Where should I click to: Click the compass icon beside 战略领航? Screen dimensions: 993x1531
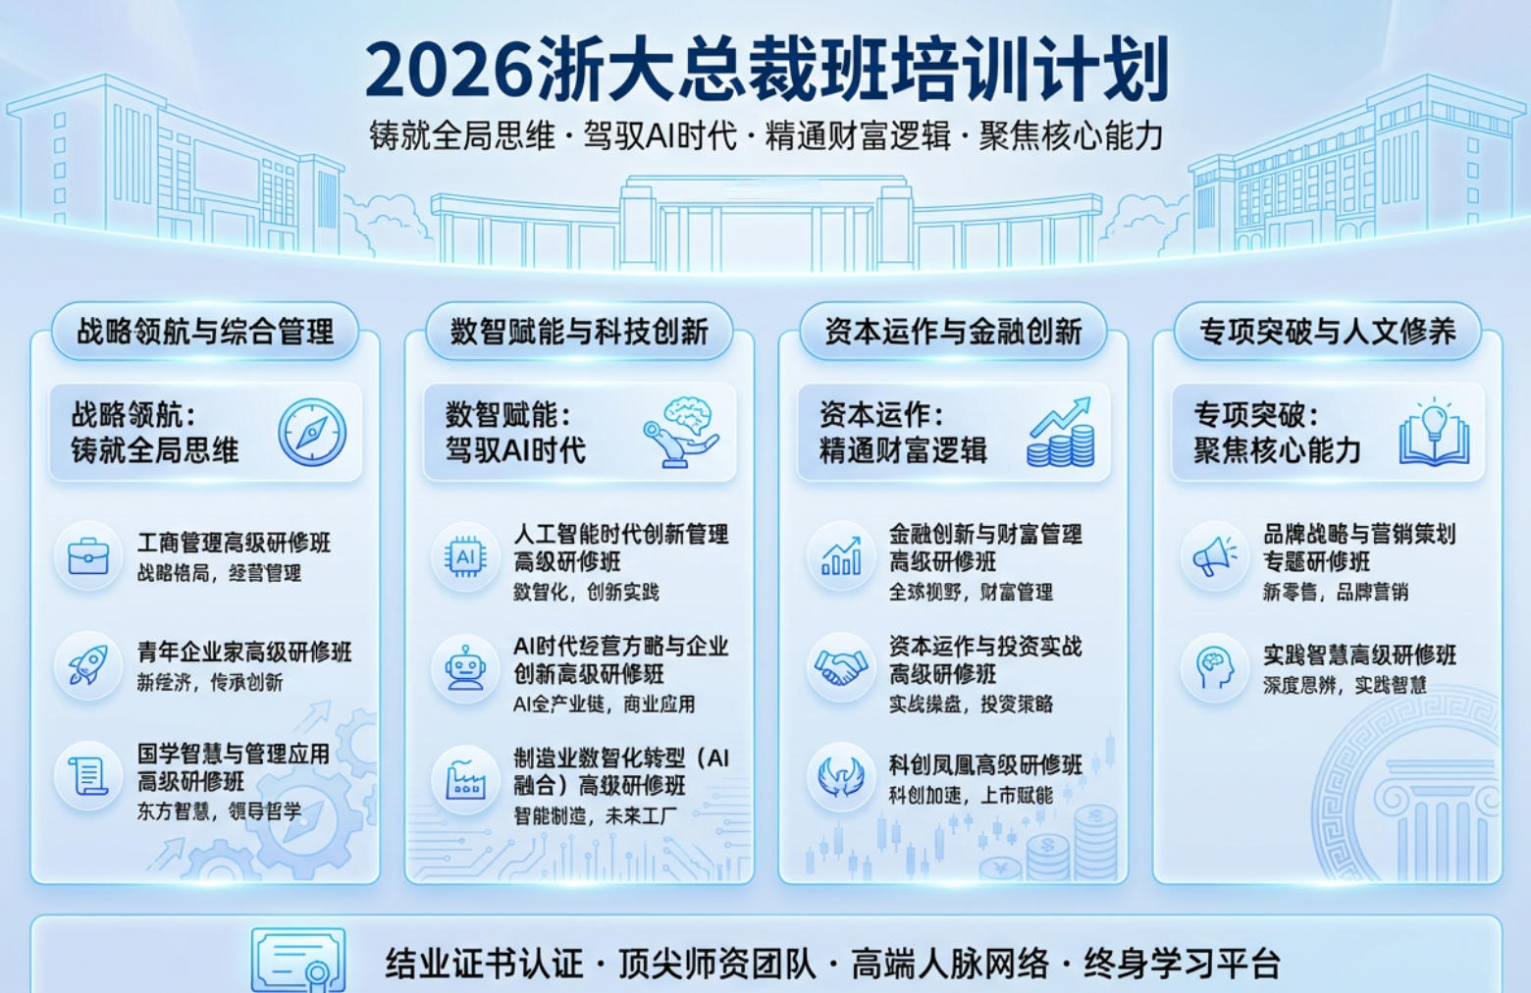(x=312, y=433)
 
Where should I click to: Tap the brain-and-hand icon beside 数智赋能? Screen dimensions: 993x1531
(x=682, y=432)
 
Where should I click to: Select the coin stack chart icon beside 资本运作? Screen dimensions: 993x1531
(x=1061, y=433)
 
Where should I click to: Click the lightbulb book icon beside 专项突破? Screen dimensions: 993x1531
(x=1434, y=433)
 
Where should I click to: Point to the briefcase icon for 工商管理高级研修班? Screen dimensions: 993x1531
(x=88, y=556)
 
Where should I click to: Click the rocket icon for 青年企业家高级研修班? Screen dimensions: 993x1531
(x=88, y=666)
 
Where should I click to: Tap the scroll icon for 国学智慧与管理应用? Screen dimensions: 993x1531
(x=88, y=776)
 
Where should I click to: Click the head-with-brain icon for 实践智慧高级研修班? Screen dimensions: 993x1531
(x=1215, y=668)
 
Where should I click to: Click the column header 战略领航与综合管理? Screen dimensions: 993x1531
(x=205, y=332)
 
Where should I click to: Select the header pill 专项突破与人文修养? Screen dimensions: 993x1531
(x=1327, y=332)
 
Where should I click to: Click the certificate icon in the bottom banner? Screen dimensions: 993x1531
(x=299, y=960)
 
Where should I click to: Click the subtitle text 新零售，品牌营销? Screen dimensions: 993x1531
(x=1335, y=592)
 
